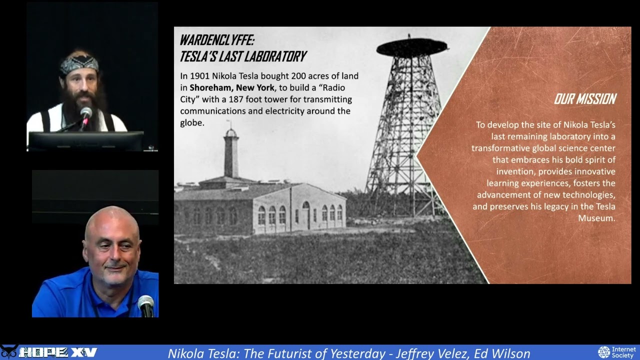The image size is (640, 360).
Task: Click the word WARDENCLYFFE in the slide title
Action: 216,40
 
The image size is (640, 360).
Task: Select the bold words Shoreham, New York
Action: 232,87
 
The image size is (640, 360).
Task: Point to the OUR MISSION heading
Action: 584,99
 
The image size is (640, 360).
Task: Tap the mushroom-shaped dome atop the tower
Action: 411,47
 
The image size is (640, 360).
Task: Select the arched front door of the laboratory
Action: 305,214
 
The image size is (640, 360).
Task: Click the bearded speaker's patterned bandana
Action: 79,63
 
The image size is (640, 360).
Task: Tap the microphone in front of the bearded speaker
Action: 86,113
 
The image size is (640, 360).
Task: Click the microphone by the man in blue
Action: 146,303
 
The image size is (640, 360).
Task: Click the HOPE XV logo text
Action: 57,352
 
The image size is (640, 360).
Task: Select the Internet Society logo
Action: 617,352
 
